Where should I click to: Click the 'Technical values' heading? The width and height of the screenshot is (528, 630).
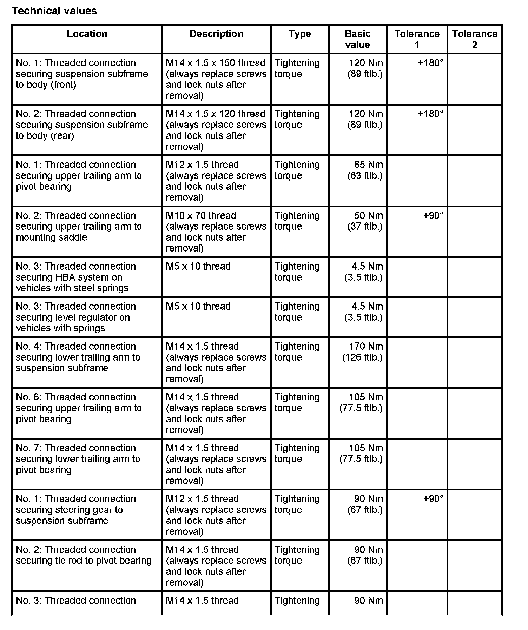(x=54, y=11)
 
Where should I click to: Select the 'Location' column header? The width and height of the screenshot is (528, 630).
(x=87, y=34)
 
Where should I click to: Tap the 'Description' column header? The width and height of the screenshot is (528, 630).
(x=216, y=34)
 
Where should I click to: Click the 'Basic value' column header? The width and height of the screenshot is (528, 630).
(x=357, y=39)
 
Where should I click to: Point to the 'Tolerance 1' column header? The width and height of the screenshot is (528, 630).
(x=417, y=39)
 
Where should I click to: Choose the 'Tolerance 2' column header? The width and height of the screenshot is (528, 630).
(x=475, y=39)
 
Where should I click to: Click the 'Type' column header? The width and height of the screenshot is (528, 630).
(x=300, y=34)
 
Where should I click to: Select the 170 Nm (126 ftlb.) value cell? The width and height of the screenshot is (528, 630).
(x=363, y=352)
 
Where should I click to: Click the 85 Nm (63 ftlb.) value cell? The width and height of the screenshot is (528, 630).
(x=365, y=170)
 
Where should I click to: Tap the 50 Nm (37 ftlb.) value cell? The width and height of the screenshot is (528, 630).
(x=365, y=221)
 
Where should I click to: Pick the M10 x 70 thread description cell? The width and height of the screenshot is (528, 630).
(x=216, y=232)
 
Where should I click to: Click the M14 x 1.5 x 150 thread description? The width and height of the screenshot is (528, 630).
(x=216, y=79)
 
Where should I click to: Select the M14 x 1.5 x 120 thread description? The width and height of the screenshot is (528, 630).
(x=216, y=130)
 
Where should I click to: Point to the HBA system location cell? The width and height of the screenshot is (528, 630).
(x=76, y=277)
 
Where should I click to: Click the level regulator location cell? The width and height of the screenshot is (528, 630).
(x=76, y=317)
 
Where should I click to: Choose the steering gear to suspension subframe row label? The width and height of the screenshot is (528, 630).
(x=76, y=509)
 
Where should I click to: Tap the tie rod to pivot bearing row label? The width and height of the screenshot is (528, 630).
(x=84, y=555)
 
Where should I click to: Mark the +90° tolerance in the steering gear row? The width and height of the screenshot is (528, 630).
(x=433, y=499)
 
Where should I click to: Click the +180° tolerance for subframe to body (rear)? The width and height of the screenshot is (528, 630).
(x=430, y=114)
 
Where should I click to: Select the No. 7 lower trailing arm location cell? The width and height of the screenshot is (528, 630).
(x=78, y=459)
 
